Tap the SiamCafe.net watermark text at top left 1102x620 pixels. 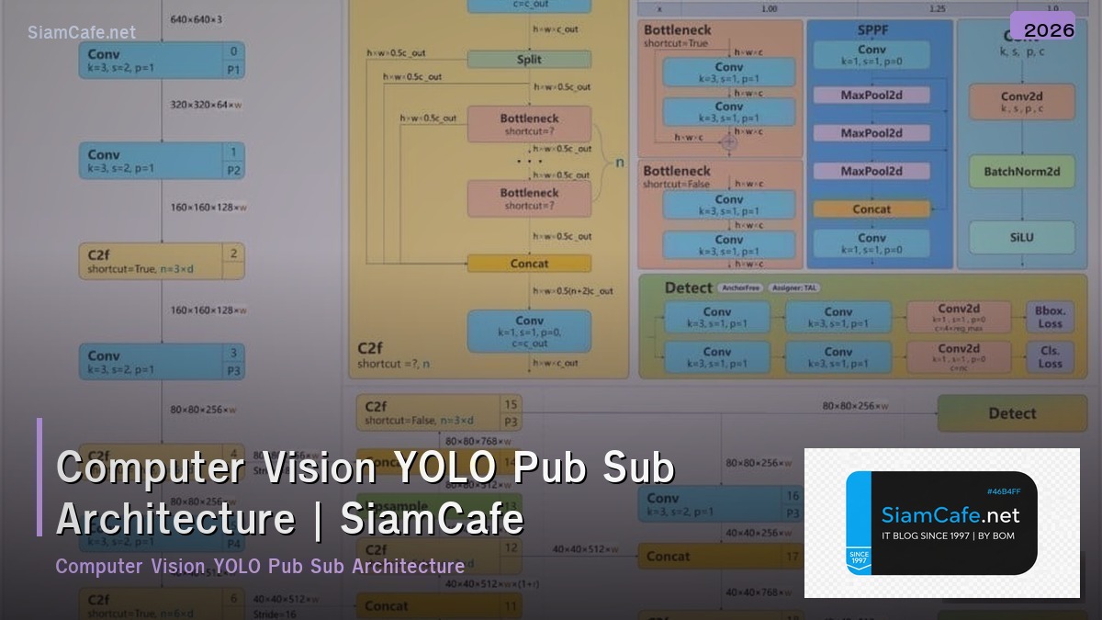(x=82, y=32)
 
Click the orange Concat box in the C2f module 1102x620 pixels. (x=528, y=264)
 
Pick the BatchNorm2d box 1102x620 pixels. (x=1021, y=172)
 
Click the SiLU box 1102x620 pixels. (x=1021, y=237)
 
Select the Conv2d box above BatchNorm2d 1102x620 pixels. (x=1021, y=101)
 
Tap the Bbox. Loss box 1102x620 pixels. (x=1050, y=317)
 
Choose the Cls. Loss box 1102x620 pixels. (x=1050, y=356)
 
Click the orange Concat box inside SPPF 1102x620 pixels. (x=871, y=209)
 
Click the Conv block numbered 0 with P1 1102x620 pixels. (x=161, y=60)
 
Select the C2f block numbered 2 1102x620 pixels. (x=161, y=261)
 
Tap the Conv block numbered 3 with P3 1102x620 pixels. (x=161, y=362)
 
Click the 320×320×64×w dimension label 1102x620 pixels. (x=206, y=105)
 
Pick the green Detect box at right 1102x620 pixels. (x=1012, y=413)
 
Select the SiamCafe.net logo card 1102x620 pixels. (x=941, y=523)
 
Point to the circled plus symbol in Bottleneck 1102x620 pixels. (x=729, y=142)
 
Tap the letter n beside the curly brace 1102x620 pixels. (x=619, y=163)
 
